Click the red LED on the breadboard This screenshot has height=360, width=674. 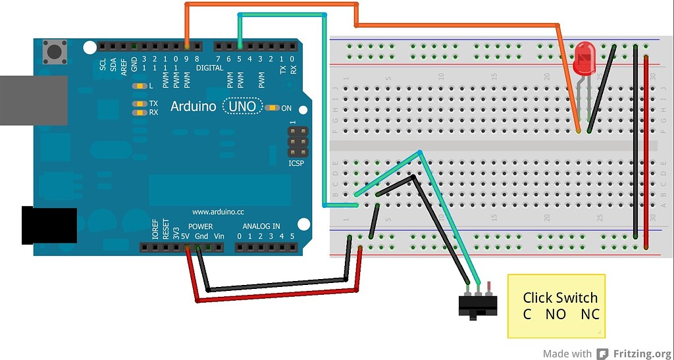tap(583, 59)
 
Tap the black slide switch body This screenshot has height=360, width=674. tap(477, 305)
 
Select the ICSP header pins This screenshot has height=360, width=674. tap(297, 141)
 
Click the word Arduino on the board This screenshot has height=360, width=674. tap(193, 106)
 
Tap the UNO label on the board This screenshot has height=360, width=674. tap(243, 106)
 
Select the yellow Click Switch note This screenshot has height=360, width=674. tap(556, 305)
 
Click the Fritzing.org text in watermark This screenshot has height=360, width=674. tap(641, 353)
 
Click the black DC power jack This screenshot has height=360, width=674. tap(49, 226)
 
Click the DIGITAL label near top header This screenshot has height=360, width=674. tap(209, 68)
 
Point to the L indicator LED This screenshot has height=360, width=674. tap(138, 86)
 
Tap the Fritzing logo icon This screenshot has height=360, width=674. tap(602, 353)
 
